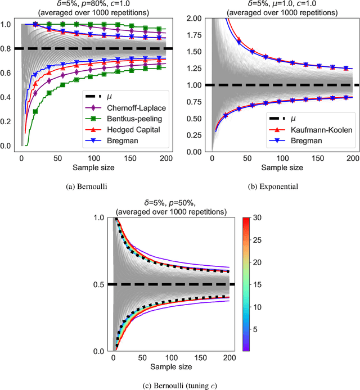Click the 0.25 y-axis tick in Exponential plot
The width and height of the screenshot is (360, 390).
193,135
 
